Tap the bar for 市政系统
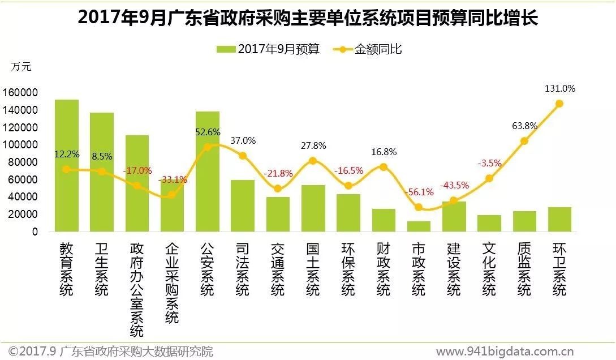(419, 226)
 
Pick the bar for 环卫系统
(559, 220)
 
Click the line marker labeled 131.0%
(559, 104)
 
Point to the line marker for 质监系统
(524, 141)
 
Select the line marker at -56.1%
(419, 207)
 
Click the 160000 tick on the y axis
(20, 93)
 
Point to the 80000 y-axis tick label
(22, 162)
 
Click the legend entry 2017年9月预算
(268, 50)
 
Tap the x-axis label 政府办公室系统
(137, 289)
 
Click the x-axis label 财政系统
(384, 269)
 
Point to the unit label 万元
(21, 67)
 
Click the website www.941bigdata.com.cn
(505, 352)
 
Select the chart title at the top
(308, 18)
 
